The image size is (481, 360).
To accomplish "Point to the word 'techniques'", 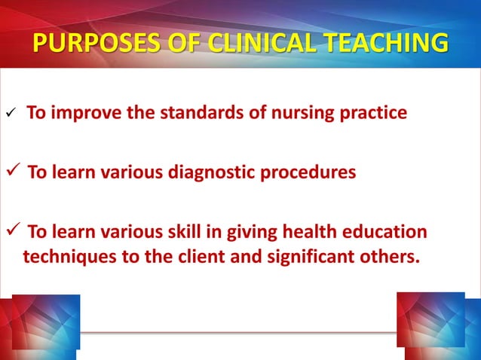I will [x=66, y=257].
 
